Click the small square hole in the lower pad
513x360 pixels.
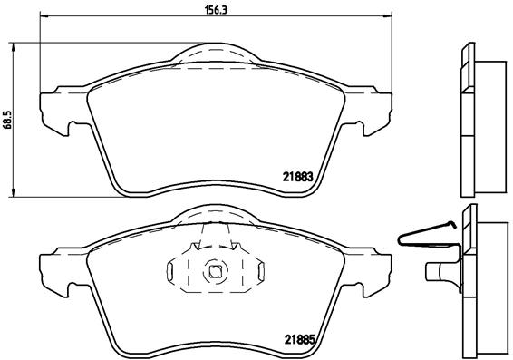pyautogui.click(x=215, y=269)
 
